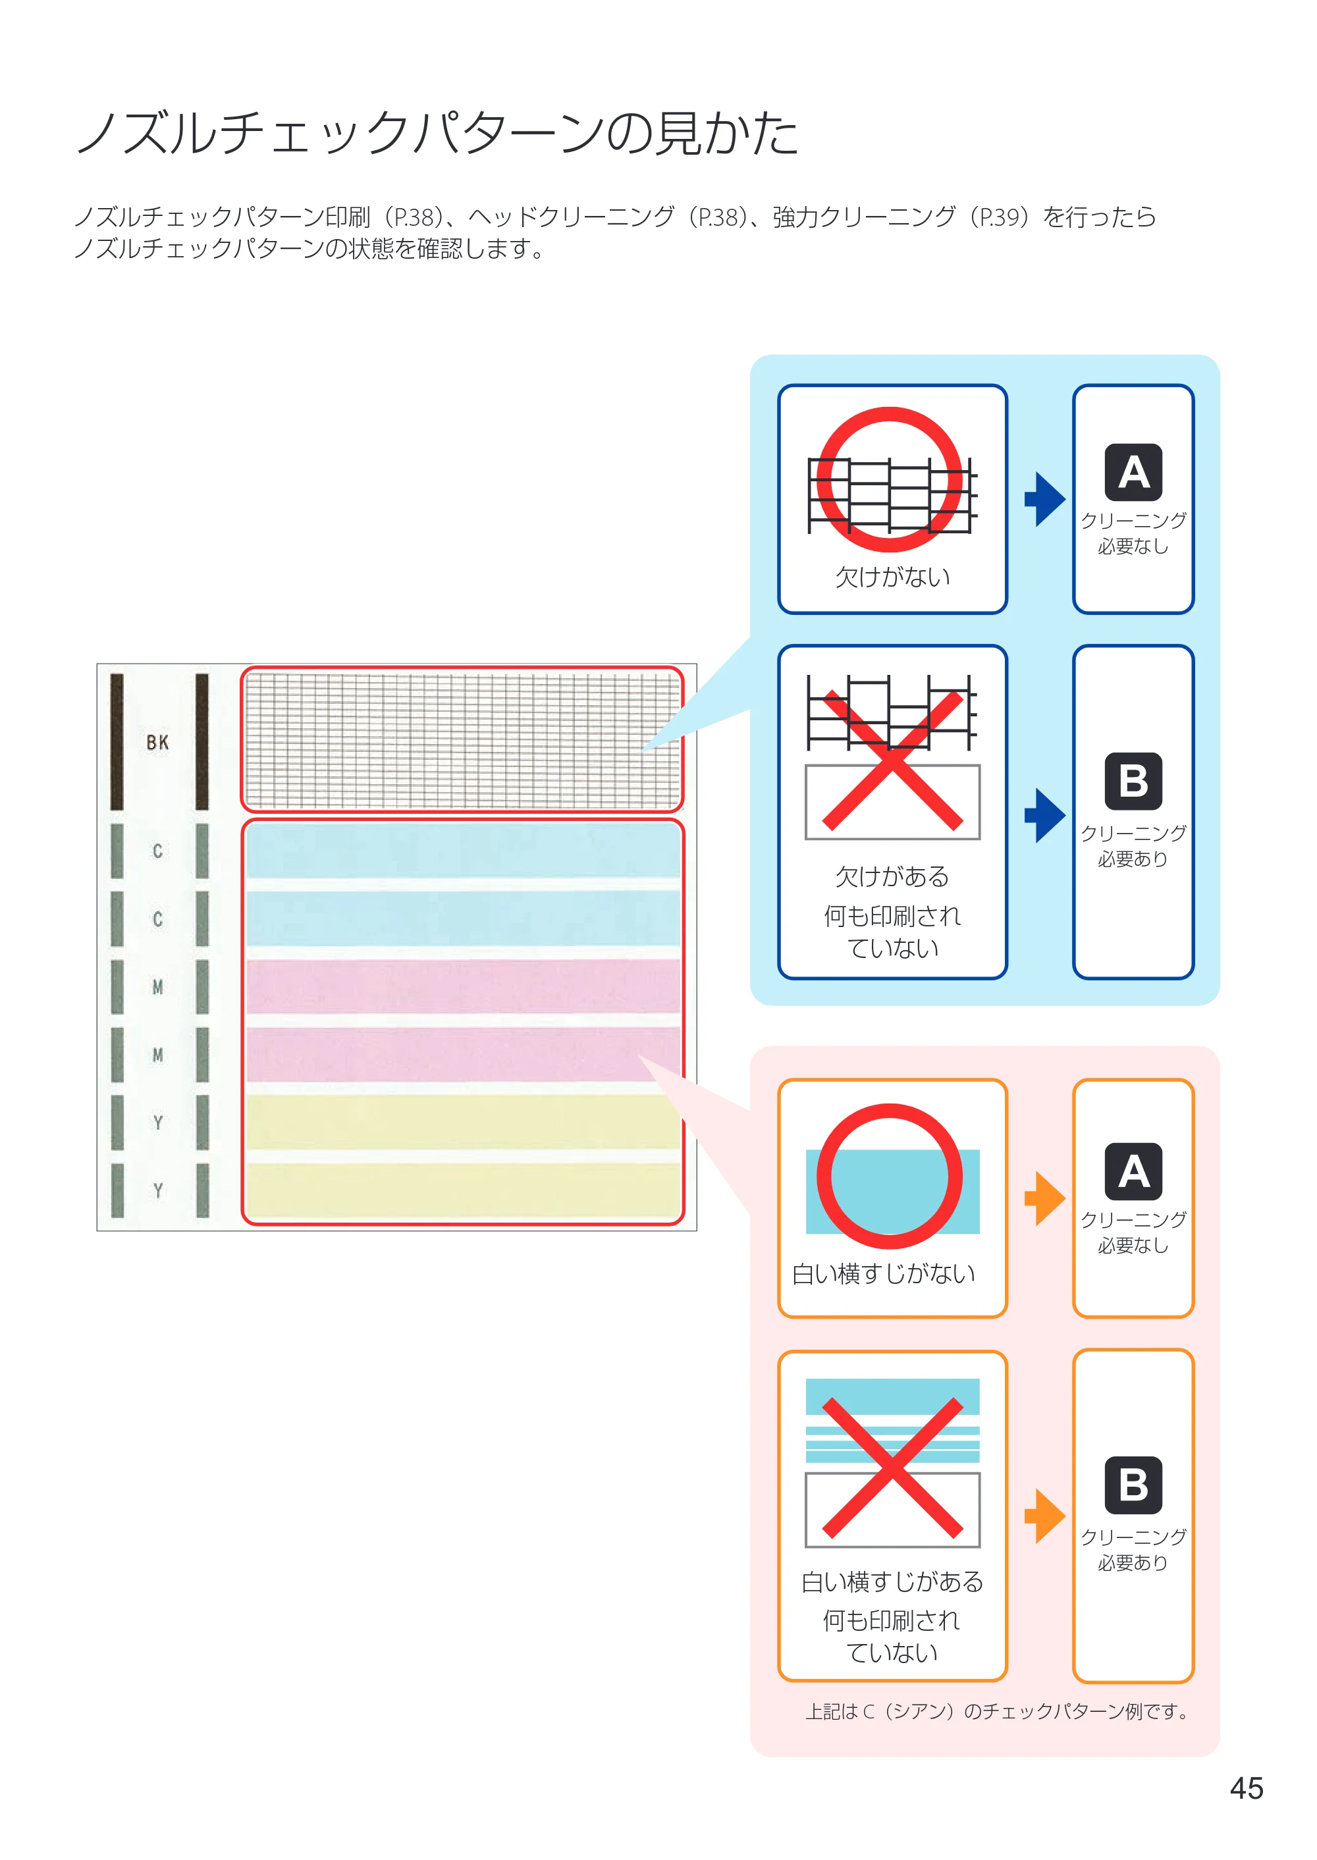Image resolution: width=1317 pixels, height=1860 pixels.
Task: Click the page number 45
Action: click(x=1247, y=1788)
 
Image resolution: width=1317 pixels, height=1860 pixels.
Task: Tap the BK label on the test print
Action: click(x=157, y=742)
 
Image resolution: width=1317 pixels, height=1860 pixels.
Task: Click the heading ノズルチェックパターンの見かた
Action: click(x=438, y=132)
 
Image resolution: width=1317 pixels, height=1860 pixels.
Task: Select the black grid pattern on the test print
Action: click(x=462, y=739)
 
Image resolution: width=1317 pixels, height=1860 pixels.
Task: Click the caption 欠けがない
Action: click(x=892, y=577)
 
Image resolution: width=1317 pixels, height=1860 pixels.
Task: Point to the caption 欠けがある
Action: click(x=892, y=876)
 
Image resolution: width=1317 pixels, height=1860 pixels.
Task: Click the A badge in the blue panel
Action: click(x=1133, y=472)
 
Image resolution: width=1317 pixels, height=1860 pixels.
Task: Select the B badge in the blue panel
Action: click(x=1133, y=782)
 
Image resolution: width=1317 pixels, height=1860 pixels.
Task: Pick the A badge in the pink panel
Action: click(x=1133, y=1171)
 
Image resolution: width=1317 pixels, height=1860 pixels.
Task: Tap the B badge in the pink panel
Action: click(x=1133, y=1485)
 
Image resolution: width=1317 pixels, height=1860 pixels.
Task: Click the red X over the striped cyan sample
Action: click(x=892, y=1468)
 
